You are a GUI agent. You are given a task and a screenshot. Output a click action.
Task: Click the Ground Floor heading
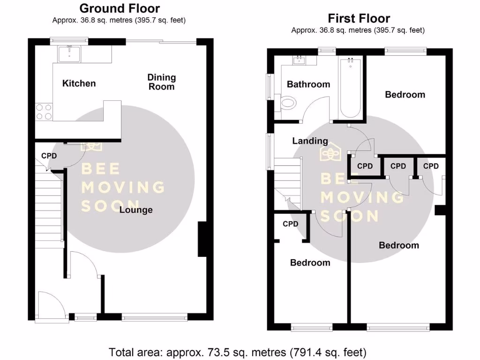(120, 8)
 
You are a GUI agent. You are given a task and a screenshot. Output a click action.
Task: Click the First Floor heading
(359, 19)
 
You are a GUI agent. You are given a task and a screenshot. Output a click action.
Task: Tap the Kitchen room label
(79, 83)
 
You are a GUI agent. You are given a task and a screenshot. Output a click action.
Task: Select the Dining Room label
(161, 82)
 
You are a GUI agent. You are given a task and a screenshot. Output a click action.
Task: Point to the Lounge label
(136, 210)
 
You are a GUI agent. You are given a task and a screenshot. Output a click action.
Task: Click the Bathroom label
(308, 84)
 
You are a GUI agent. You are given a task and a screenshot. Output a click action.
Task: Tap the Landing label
(310, 141)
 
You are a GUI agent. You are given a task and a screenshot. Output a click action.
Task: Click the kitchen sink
(69, 54)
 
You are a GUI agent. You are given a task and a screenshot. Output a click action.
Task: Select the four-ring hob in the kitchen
(44, 112)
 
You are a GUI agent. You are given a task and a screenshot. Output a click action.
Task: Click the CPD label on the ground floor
(49, 156)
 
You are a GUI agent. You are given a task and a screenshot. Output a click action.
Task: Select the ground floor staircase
(48, 206)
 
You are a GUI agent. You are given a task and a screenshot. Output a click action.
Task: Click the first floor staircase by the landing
(287, 180)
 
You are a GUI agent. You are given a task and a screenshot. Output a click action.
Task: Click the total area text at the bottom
(237, 352)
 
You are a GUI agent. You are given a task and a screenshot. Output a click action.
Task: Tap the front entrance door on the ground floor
(51, 307)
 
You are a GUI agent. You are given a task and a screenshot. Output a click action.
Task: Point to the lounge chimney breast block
(202, 239)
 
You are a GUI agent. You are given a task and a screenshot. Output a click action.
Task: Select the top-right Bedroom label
(405, 95)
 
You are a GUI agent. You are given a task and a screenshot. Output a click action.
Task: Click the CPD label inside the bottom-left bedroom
(291, 224)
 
